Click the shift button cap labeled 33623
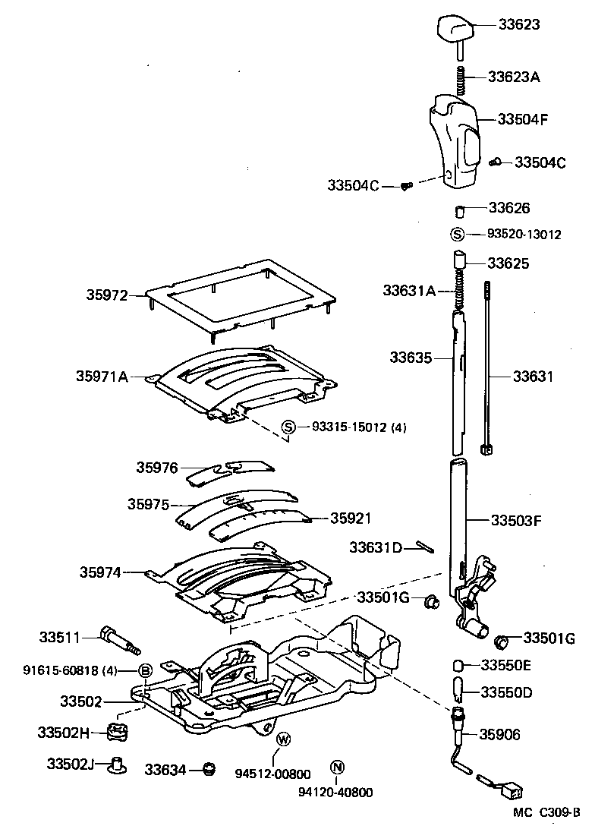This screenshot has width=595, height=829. (x=456, y=30)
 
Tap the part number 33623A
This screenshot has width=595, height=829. (x=514, y=77)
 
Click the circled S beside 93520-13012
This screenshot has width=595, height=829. (x=458, y=235)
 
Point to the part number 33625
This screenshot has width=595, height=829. (x=508, y=263)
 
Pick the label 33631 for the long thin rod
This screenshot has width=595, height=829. (x=533, y=377)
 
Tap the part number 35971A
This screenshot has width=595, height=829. (x=102, y=375)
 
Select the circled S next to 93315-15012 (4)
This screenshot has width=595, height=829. (x=288, y=427)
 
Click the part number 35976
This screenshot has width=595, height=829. (x=157, y=468)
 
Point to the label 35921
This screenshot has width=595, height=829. (x=351, y=518)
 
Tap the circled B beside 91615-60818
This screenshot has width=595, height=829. (x=146, y=670)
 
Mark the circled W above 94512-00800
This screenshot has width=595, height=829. (x=283, y=739)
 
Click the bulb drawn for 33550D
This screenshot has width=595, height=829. (x=458, y=692)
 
